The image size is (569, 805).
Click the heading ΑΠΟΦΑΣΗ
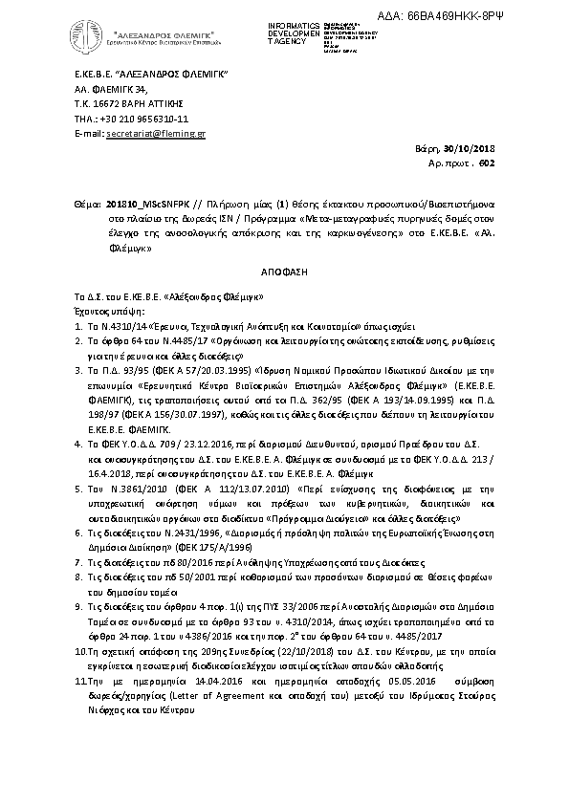click(288, 272)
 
